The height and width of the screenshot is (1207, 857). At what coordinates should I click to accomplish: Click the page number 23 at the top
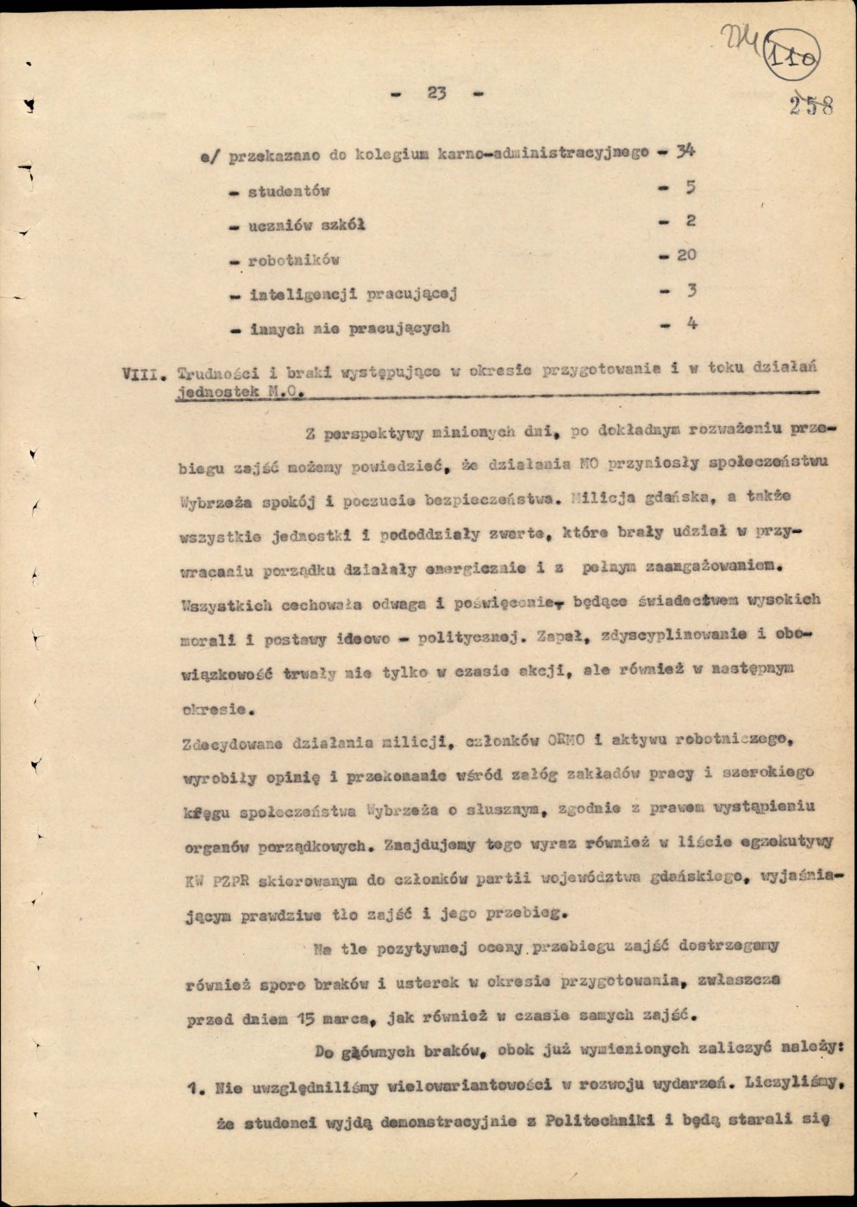435,93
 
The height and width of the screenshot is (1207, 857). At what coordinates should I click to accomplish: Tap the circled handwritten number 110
791,56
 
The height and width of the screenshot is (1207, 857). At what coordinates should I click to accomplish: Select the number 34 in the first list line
685,152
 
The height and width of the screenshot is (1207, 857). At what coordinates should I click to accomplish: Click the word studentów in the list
289,191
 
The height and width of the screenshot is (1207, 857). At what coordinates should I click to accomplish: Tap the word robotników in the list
293,260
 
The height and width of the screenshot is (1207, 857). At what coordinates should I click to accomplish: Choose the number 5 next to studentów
691,187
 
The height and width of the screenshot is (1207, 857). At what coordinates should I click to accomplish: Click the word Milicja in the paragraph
601,497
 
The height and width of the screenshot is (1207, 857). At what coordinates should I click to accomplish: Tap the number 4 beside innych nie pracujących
691,324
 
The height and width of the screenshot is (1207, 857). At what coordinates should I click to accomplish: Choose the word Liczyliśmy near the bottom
786,1085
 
